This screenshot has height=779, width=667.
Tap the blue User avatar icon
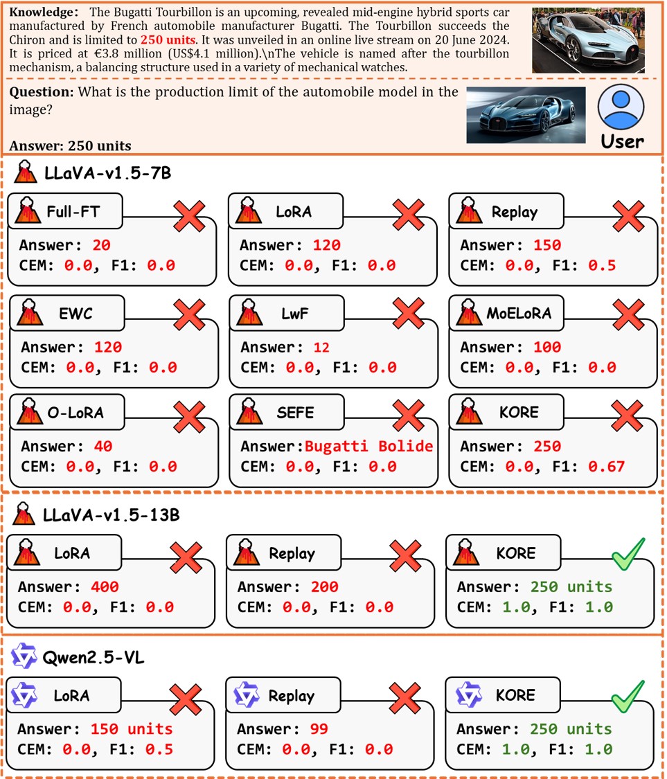pos(621,108)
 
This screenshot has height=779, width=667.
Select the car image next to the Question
pos(526,115)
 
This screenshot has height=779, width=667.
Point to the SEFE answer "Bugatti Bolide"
pos(368,446)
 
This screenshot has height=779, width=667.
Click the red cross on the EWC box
pos(188,313)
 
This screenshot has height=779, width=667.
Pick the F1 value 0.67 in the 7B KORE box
pos(606,467)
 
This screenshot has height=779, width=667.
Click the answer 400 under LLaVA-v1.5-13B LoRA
pos(105,587)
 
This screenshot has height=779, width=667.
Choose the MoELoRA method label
pos(518,313)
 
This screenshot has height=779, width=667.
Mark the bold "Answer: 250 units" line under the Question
pos(71,146)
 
